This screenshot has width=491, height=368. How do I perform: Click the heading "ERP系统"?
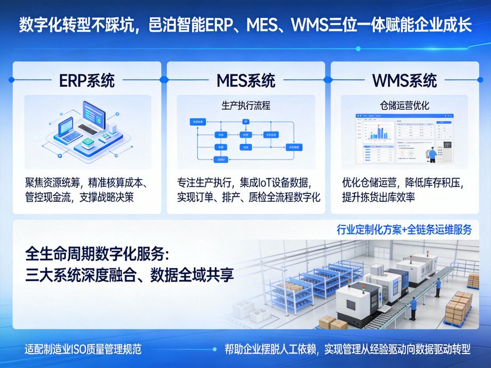coord(86,80)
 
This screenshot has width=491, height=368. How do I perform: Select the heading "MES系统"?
coord(246,80)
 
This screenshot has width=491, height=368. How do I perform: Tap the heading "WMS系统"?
coord(404,80)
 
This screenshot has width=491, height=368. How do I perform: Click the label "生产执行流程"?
coord(246,105)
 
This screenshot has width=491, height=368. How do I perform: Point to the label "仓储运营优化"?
coord(404,105)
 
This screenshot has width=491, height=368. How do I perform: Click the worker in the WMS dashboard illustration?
coord(432,153)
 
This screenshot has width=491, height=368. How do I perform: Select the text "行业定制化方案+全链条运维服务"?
coord(404,230)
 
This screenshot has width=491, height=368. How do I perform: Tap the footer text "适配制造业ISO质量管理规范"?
coord(83,350)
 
